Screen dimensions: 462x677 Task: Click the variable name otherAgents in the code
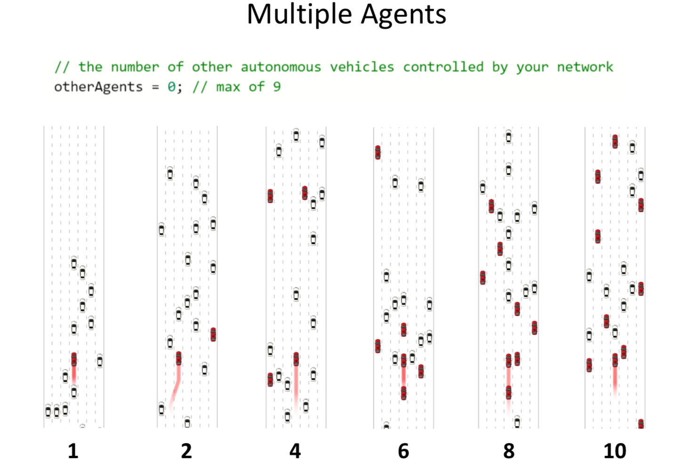[98, 87]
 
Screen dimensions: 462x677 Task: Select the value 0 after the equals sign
[172, 87]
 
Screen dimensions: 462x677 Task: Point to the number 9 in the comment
[277, 87]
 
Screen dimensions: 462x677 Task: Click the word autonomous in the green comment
[281, 67]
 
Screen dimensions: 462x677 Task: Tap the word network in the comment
[585, 67]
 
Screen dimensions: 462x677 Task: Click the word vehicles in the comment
[362, 67]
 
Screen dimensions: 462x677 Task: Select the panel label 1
[73, 451]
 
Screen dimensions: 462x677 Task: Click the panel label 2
[186, 451]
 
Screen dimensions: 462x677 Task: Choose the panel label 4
[295, 451]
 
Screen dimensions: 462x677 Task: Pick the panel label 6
[403, 451]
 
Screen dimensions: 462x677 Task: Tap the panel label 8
[509, 451]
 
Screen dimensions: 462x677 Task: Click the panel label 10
[615, 451]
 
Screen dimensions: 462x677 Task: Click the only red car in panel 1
[74, 360]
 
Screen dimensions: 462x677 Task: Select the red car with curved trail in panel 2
[178, 358]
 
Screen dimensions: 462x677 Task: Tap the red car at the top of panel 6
[378, 152]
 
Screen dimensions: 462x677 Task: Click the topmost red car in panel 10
[615, 141]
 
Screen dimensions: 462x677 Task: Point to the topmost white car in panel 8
[508, 137]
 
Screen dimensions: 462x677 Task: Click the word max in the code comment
[228, 87]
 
